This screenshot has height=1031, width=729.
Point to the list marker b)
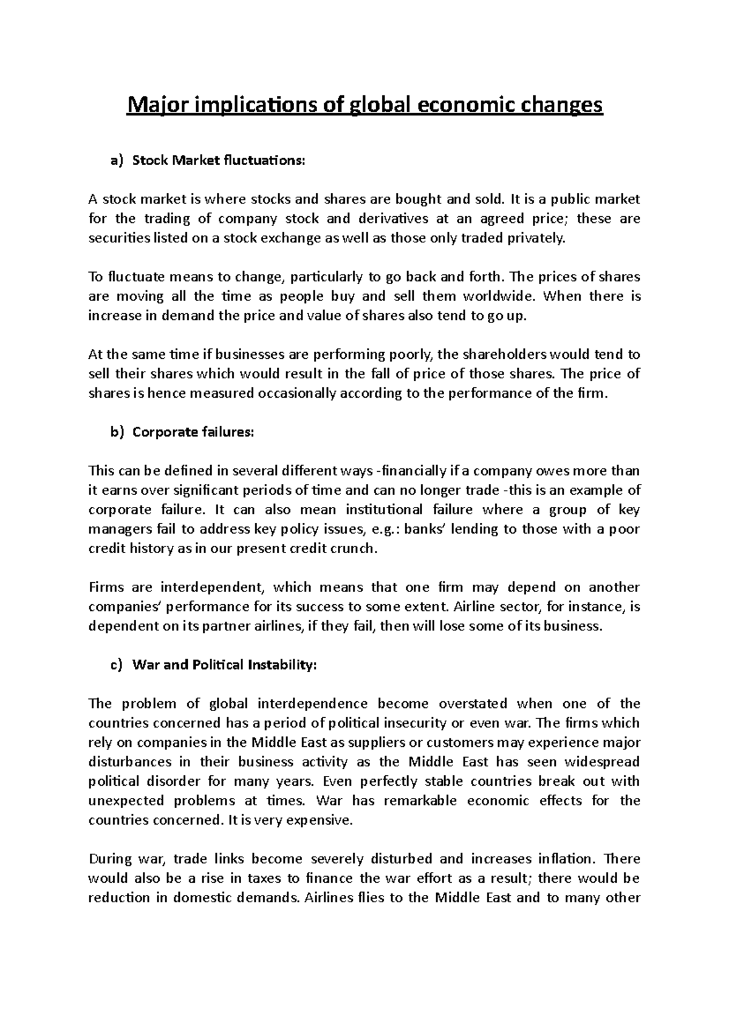point(116,432)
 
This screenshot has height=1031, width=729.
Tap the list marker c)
point(116,665)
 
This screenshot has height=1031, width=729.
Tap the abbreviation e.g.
point(383,529)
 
